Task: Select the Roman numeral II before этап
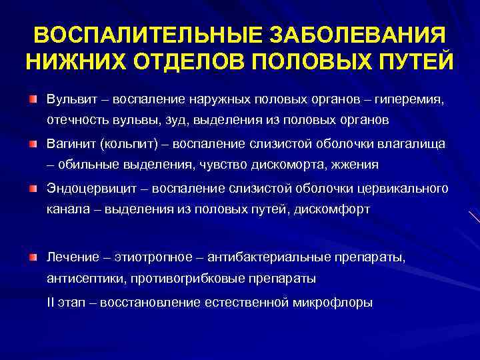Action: click(51, 302)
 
